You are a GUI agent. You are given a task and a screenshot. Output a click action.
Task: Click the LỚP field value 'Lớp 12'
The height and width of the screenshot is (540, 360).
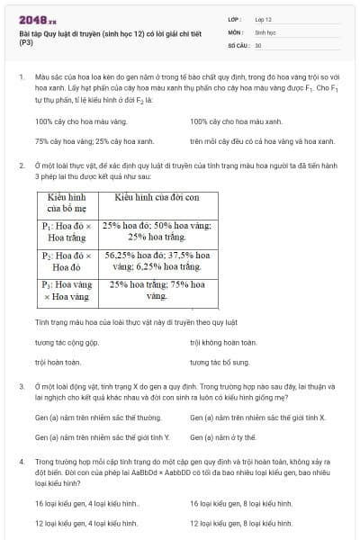tap(264, 19)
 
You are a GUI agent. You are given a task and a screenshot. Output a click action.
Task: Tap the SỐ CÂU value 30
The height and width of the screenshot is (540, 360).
tap(258, 44)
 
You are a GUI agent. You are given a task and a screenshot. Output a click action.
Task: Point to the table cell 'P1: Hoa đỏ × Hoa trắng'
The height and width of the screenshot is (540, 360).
tap(67, 232)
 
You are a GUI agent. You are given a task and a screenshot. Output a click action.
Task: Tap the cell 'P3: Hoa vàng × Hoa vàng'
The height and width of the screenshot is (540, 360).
tap(67, 290)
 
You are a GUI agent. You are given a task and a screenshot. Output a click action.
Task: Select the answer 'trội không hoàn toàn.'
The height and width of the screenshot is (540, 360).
tap(223, 342)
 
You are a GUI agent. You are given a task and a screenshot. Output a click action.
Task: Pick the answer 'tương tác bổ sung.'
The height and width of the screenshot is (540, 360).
tap(220, 362)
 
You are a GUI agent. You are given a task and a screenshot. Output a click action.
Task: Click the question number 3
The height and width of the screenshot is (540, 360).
tap(22, 385)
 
